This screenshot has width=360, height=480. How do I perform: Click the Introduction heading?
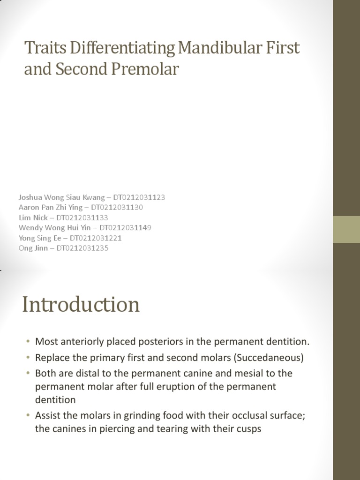pyautogui.click(x=81, y=305)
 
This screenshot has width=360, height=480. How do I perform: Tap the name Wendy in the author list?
pyautogui.click(x=29, y=227)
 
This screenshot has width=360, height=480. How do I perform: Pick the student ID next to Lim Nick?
pyautogui.click(x=82, y=217)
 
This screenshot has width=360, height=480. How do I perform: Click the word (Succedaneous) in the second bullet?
pyautogui.click(x=268, y=358)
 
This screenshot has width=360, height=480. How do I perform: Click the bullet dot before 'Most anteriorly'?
pyautogui.click(x=28, y=342)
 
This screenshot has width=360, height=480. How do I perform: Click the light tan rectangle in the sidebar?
pyautogui.click(x=346, y=229)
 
